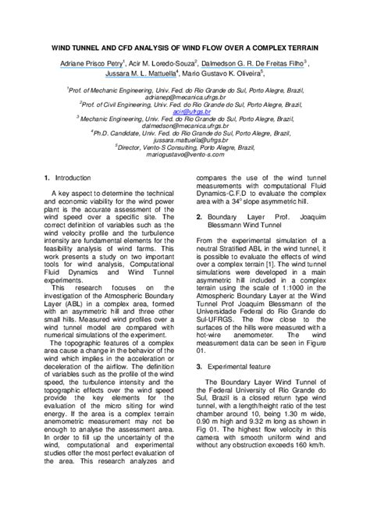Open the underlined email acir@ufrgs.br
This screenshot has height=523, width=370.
pos(184,111)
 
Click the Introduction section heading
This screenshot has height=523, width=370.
pos(73,179)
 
